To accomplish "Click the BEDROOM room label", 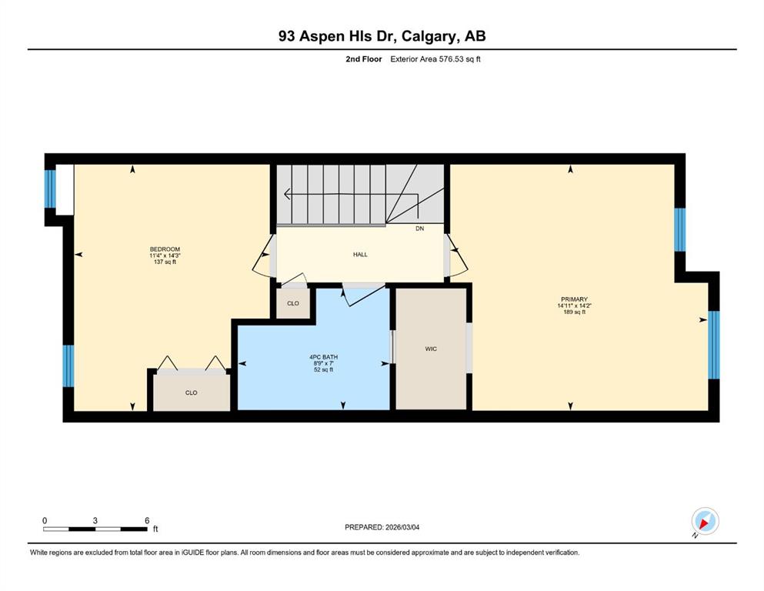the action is pos(165,249).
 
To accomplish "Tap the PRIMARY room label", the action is pos(574,299).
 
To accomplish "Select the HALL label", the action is pos(360,254).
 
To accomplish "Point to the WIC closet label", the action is pos(431,349).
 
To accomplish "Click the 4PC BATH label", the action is pos(324,357).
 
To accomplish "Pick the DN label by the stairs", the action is pos(419,229).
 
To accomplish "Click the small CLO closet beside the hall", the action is pos(293,303).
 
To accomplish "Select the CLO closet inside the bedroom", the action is pos(191,392).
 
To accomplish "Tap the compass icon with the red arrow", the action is pos(705,521).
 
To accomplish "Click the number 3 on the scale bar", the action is pos(95,520).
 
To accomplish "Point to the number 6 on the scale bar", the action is pos(147,520).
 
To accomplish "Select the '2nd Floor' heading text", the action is pos(363,59).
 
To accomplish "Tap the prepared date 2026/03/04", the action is pos(402,527).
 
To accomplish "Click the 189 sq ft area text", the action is pos(574,312).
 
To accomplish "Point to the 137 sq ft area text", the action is pos(165,262).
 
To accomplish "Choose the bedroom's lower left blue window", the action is pos(68,366).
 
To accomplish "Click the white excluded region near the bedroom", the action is pos(65,189).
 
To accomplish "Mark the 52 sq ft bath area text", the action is pos(324,370).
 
